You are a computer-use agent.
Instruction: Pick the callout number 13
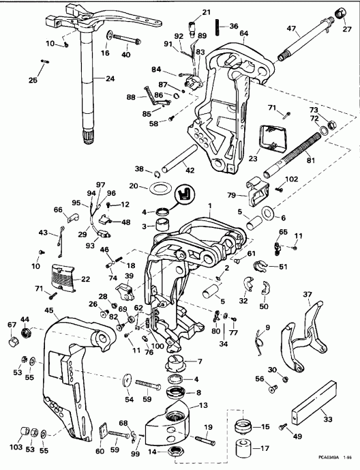pyautogui.click(x=203, y=405)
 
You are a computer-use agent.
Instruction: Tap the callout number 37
pyautogui.click(x=307, y=295)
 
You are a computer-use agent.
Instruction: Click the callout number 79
pyautogui.click(x=232, y=196)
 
